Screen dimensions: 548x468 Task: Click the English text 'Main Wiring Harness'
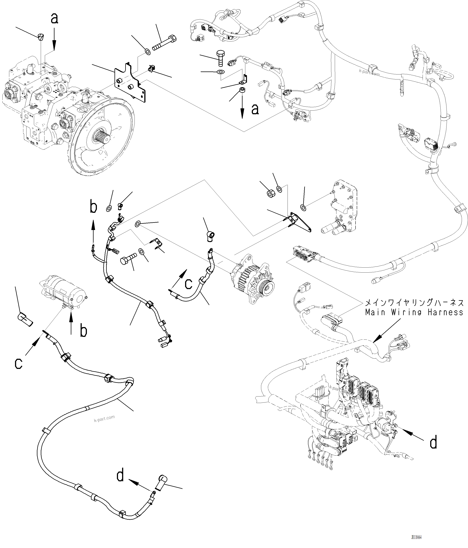coord(414,312)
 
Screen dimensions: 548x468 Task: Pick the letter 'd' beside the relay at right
coord(433,443)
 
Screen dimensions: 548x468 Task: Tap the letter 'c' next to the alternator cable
coord(188,284)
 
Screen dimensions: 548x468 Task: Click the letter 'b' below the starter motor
coord(84,331)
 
